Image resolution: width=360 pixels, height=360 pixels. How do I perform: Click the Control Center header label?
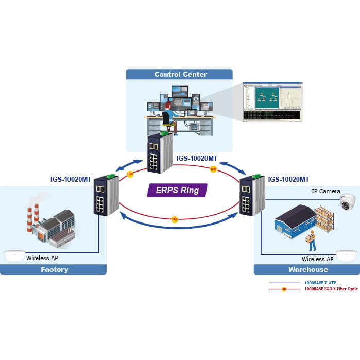click(x=180, y=74)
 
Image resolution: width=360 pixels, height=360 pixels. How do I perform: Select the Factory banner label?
click(x=54, y=269)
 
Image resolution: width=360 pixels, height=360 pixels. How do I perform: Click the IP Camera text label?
click(x=325, y=191)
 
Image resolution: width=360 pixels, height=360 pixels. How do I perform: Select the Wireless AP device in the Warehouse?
click(x=347, y=255)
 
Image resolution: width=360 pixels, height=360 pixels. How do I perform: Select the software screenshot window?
click(x=272, y=102)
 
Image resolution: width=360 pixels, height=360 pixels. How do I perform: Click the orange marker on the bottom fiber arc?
click(x=175, y=219)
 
